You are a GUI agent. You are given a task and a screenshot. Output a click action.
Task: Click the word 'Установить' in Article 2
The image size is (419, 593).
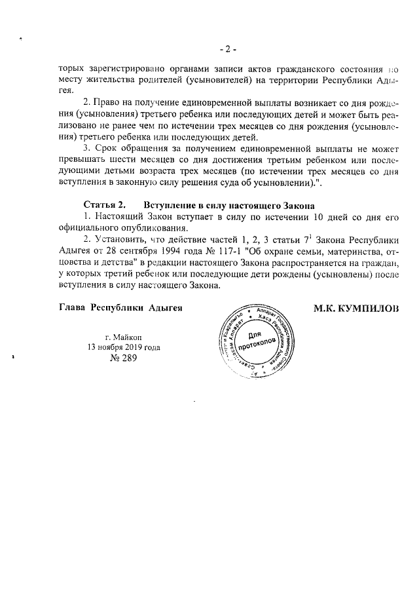[119, 240]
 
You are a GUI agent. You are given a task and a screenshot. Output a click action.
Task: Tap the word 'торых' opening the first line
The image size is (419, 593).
[69, 68]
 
